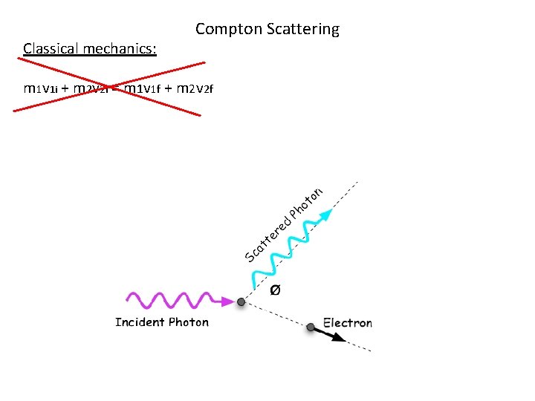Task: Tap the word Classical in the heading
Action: tap(51, 49)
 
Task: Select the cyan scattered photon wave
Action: tap(286, 250)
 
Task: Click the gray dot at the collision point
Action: tap(241, 302)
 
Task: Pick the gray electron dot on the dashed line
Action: tap(311, 327)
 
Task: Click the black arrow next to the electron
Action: tap(334, 335)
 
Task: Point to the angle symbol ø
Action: tap(275, 290)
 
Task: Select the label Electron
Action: tap(348, 323)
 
